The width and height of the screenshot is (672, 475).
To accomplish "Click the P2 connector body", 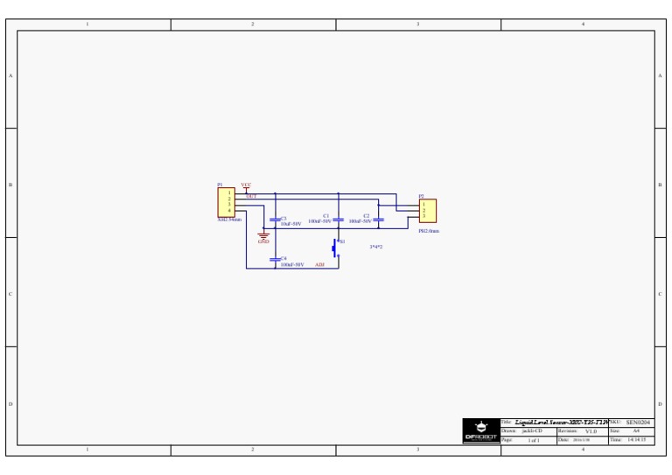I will click(x=427, y=211).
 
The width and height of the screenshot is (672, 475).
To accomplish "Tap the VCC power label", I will click(x=246, y=185).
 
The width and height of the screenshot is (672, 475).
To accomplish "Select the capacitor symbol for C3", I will click(x=276, y=220).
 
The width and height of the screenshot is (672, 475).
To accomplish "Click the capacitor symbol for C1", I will click(x=339, y=220).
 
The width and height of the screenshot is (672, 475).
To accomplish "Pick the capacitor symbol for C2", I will click(x=379, y=220).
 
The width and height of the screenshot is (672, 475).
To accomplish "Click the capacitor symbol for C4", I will click(x=276, y=260).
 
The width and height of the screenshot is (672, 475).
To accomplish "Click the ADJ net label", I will click(x=319, y=263).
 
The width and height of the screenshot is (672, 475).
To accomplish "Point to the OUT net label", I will click(x=251, y=197).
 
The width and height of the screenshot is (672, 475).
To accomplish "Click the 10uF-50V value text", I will click(x=290, y=224).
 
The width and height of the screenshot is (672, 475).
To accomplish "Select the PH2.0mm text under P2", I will click(x=429, y=231).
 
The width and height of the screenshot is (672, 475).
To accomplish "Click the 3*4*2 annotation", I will click(x=375, y=247).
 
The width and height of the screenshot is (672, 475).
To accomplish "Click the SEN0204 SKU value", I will click(x=639, y=422).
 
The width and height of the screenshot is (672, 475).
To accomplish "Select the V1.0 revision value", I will click(x=591, y=431).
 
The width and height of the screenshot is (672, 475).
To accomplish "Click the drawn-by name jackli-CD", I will click(x=533, y=431).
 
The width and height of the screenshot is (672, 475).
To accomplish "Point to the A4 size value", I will click(x=637, y=431).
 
